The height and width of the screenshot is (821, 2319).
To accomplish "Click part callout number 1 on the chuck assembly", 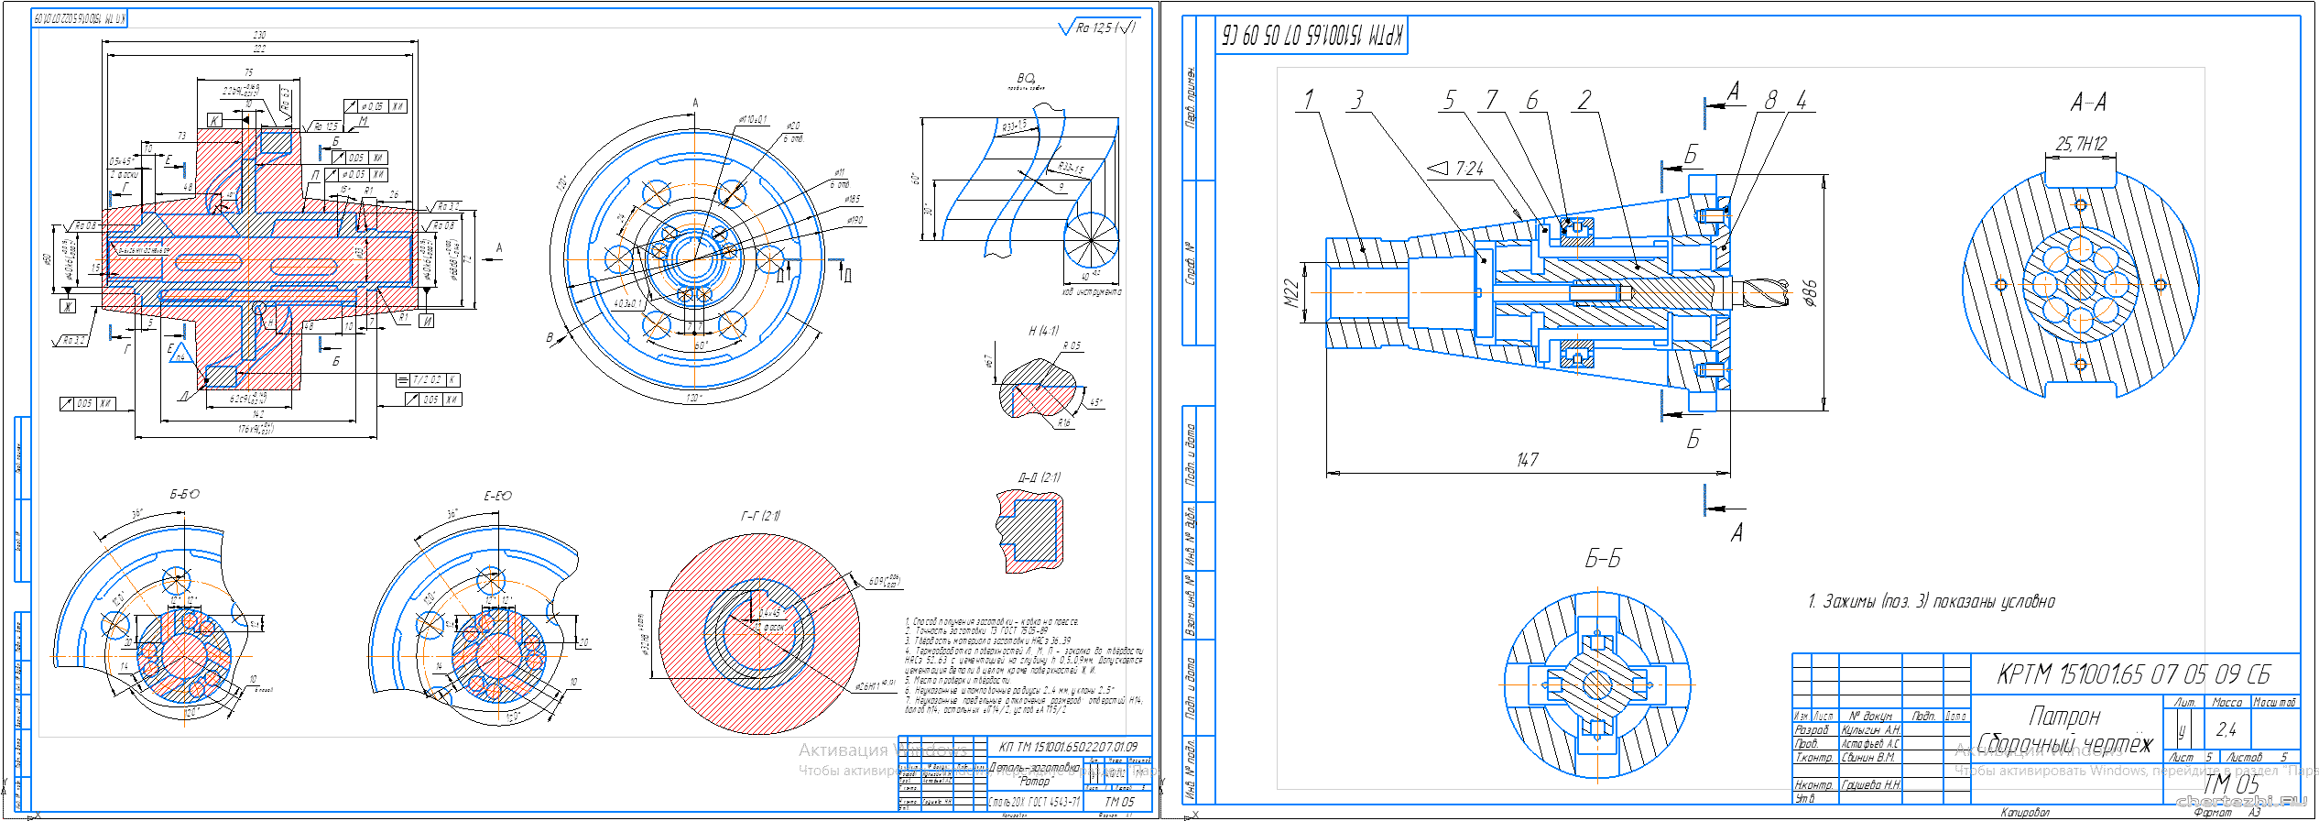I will [x=1309, y=99].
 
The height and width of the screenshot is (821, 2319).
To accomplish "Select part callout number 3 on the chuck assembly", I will [x=1357, y=99].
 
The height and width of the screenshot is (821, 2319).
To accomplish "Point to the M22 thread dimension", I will [x=1291, y=292].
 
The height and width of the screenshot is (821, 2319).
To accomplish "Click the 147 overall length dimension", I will [x=1527, y=460].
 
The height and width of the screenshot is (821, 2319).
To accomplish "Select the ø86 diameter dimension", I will [x=1809, y=292].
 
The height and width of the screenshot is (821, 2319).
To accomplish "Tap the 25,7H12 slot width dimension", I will [x=2081, y=144].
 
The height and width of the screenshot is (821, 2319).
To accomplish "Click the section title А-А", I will [x=2087, y=102].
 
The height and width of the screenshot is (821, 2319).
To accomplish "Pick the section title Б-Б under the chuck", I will [x=1603, y=559].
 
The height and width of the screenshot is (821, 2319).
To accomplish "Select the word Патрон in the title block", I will [x=2064, y=716].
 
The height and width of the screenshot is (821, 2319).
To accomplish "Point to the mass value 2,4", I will [x=2226, y=729].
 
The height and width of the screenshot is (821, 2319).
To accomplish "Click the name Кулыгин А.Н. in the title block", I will [x=1871, y=730].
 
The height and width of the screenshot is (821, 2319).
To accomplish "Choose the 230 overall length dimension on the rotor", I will [x=260, y=35].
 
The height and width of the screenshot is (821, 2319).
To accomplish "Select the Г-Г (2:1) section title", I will [x=760, y=516].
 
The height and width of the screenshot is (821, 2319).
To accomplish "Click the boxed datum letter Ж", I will [x=68, y=306].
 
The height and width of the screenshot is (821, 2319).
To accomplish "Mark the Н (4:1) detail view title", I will [x=1043, y=331].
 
